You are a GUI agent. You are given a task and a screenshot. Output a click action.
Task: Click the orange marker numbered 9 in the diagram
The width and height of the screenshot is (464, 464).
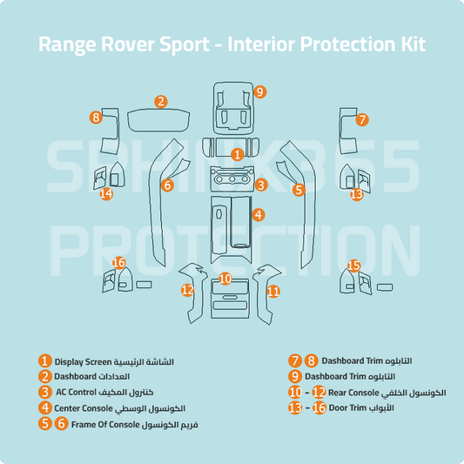[259, 91]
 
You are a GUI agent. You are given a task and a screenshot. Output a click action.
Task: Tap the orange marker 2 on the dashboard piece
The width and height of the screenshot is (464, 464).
[161, 102]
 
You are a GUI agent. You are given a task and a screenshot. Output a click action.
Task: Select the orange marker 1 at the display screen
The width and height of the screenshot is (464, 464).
[237, 154]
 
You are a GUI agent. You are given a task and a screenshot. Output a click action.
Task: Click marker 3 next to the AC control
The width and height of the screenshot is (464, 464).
[260, 185]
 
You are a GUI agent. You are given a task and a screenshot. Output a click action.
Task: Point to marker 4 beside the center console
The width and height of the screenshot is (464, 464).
[259, 214]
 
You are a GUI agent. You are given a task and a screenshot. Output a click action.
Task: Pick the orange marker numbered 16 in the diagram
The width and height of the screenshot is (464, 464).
[119, 263]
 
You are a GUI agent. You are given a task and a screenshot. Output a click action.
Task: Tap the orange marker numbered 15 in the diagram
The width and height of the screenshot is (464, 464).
[353, 265]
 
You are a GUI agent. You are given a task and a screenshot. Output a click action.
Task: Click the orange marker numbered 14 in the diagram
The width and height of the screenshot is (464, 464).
[106, 194]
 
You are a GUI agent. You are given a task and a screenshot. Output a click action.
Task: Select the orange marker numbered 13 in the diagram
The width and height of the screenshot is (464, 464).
[356, 194]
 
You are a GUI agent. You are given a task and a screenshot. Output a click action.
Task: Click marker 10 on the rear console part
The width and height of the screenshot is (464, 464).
[225, 279]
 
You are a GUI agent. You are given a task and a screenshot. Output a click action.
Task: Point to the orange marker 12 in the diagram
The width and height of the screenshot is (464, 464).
[187, 290]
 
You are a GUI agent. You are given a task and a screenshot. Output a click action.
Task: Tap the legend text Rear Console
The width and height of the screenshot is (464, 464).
[352, 393]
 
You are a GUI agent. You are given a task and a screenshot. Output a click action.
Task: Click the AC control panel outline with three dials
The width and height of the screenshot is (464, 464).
[232, 183]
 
